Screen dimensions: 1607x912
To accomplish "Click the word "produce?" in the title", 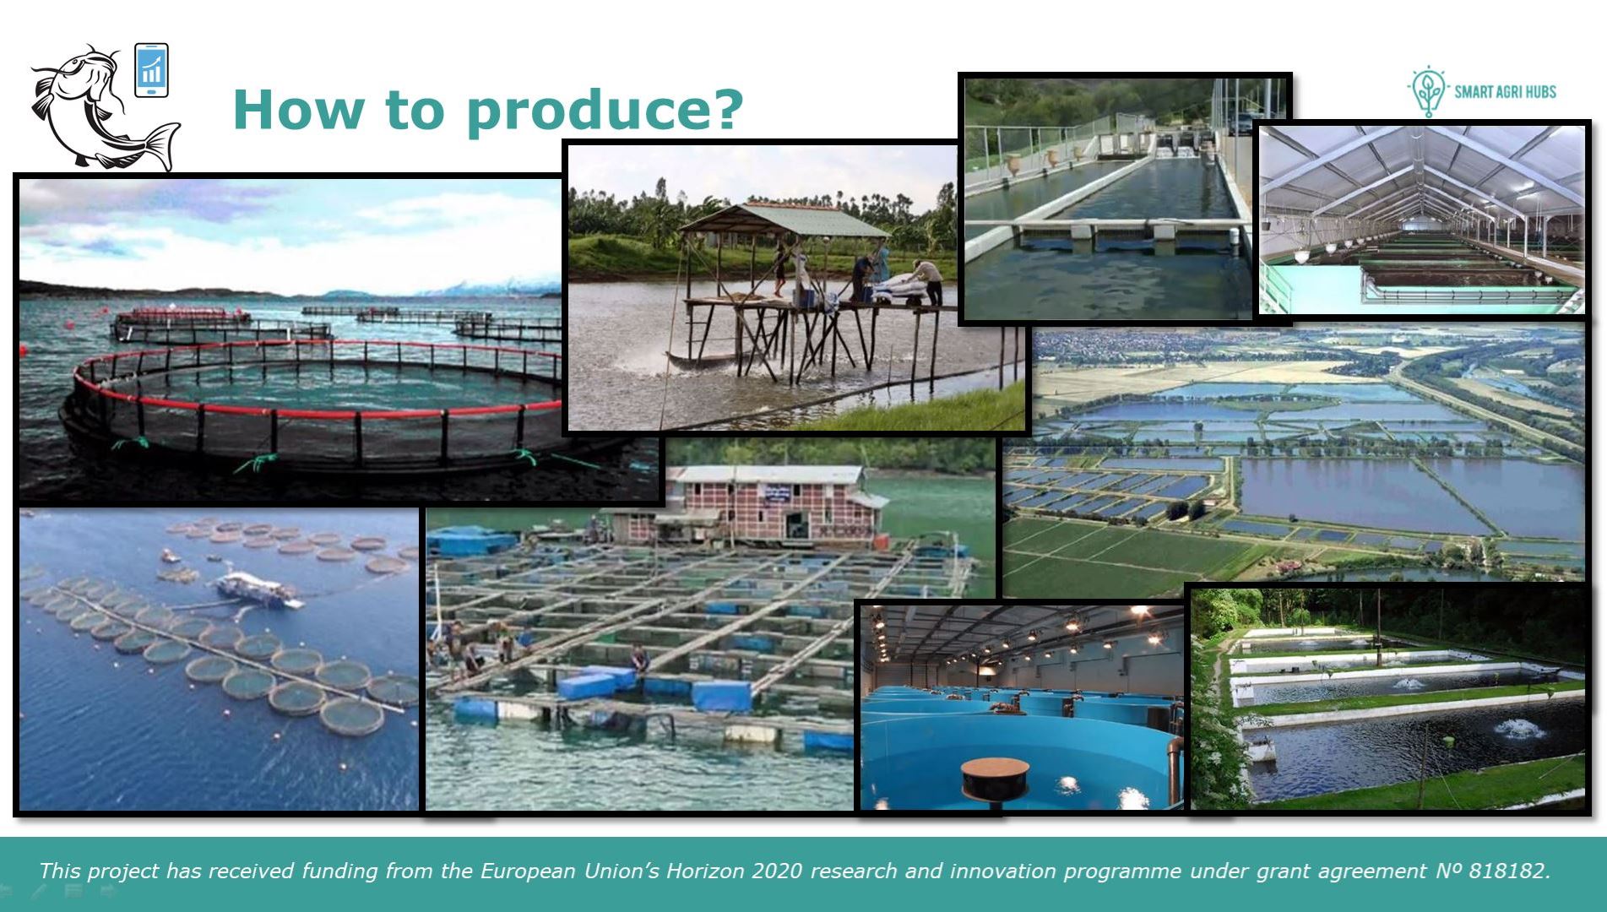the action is tap(605, 111).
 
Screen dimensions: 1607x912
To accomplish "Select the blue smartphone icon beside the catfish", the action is tap(151, 70).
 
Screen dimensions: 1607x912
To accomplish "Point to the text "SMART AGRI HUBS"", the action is tap(1505, 92).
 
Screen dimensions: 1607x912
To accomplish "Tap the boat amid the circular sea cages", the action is tap(258, 589).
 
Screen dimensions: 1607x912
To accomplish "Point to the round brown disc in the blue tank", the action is tap(995, 777).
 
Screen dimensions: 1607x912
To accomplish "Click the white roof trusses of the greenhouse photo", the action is tap(1422, 173).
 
